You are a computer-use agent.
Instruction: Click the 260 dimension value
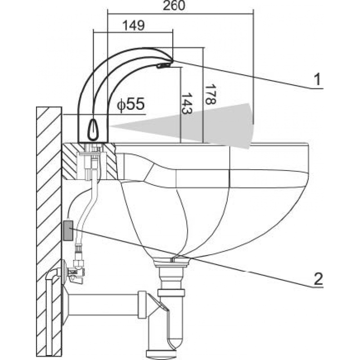click(173, 6)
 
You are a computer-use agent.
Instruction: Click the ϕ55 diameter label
click(130, 105)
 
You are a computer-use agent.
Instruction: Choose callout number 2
click(317, 279)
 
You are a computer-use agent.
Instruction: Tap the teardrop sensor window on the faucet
click(93, 129)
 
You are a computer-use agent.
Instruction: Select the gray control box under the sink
click(69, 230)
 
